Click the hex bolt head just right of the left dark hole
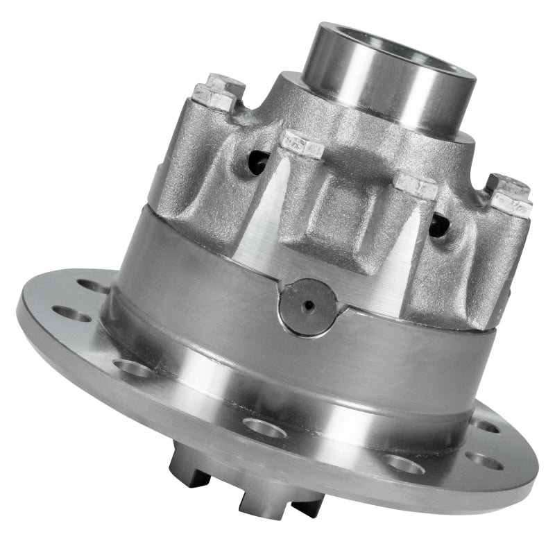click(x=302, y=144)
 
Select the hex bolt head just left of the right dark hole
click(x=416, y=186)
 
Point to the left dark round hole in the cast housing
click(x=259, y=163)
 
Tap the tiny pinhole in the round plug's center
click(x=309, y=305)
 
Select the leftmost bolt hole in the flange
click(x=70, y=314)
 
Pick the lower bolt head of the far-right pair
click(x=511, y=204)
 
